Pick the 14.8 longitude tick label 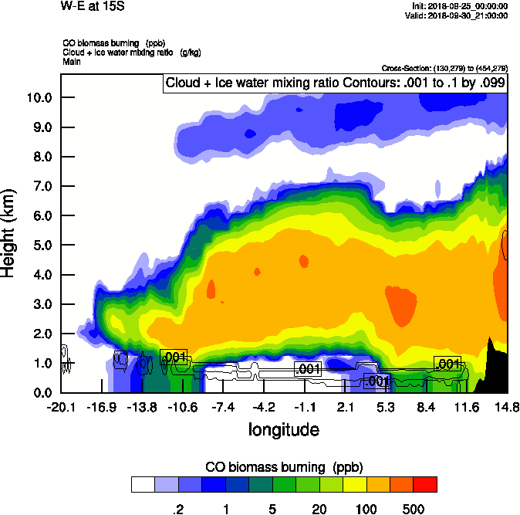[x=507, y=407]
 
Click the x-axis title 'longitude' [x=283, y=428]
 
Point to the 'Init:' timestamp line [x=461, y=6]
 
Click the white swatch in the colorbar [x=142, y=484]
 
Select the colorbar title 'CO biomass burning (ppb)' [x=283, y=467]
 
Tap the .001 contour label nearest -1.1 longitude [x=309, y=369]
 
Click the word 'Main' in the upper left [x=71, y=62]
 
